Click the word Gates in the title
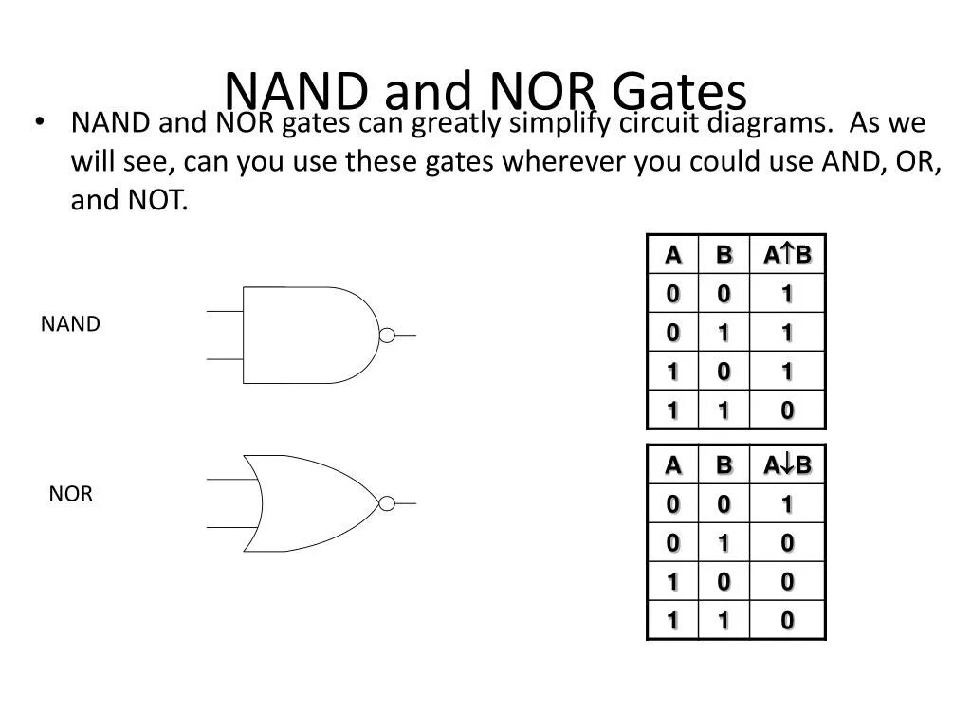(679, 91)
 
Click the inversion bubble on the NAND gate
(387, 335)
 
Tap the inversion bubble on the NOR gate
(387, 503)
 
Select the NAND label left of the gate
(70, 324)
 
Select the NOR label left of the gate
(71, 494)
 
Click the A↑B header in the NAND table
(787, 255)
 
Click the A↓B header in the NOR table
(787, 465)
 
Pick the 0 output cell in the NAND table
(787, 410)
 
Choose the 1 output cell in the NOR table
(787, 505)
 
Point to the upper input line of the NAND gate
(225, 311)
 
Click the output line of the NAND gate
(406, 335)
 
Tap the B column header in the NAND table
(724, 255)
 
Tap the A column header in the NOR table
(672, 465)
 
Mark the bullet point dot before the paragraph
(39, 122)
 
